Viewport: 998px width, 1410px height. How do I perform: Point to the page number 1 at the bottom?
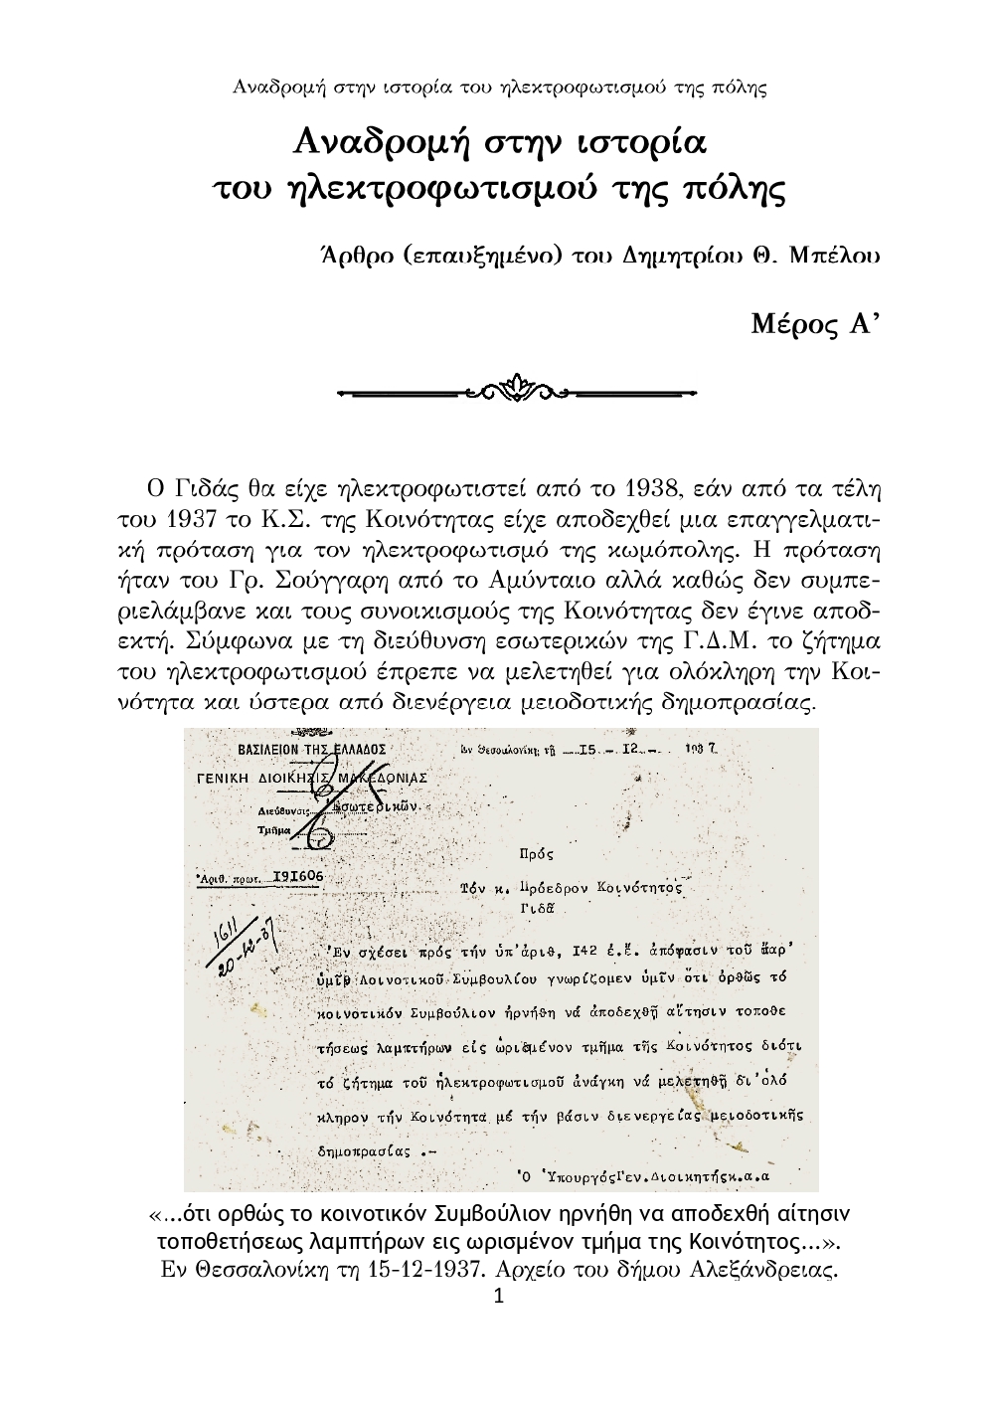[499, 1297]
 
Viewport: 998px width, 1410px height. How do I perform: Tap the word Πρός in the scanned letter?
[537, 852]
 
